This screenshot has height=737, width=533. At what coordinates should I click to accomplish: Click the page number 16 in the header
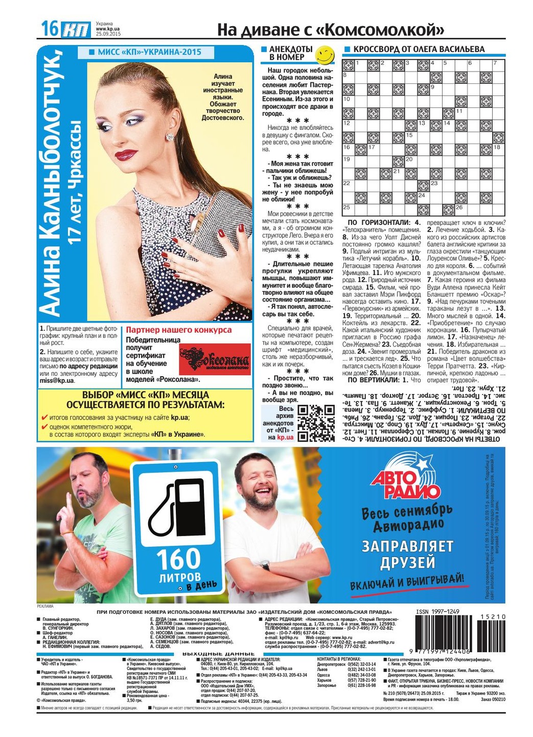(x=50, y=29)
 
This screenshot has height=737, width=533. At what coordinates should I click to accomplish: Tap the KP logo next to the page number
(x=76, y=30)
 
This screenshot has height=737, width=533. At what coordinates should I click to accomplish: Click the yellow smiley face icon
(x=324, y=53)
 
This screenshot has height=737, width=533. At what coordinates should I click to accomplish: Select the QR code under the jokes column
(x=316, y=423)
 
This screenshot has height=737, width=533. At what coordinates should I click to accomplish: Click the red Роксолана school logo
(x=214, y=360)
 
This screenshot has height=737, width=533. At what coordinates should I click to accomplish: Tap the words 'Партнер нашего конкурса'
(x=178, y=330)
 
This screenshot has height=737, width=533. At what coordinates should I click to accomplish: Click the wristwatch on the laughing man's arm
(x=265, y=565)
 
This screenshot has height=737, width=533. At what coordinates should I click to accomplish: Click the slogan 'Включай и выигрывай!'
(x=407, y=582)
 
